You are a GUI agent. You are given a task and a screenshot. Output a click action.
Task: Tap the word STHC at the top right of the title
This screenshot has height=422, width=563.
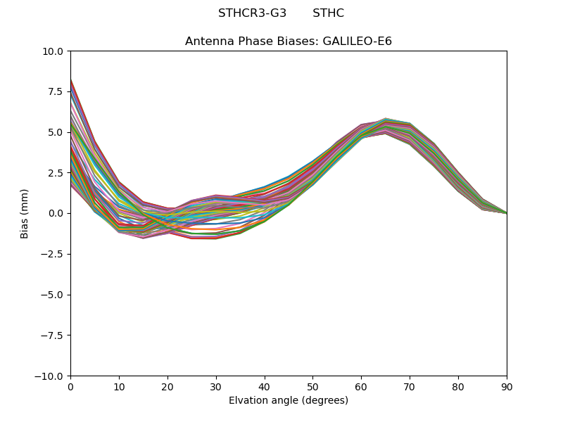[x=328, y=13]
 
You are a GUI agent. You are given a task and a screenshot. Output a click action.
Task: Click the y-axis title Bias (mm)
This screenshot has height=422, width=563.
[x=25, y=213]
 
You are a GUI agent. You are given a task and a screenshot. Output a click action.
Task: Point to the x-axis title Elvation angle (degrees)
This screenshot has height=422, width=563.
[x=289, y=400]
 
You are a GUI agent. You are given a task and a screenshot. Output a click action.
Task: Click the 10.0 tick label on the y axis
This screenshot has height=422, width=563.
[x=55, y=51]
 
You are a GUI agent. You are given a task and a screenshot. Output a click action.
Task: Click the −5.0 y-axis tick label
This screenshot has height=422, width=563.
[x=53, y=295]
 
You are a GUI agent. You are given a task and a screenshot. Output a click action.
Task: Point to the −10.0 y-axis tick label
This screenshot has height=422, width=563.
[x=51, y=376]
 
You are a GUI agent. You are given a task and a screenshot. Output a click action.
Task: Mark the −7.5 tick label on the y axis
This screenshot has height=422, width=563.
[x=53, y=335]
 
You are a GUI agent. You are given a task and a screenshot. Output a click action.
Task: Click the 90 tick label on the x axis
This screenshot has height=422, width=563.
[x=507, y=386]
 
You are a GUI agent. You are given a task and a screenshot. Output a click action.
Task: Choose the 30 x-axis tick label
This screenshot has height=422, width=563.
[x=216, y=386]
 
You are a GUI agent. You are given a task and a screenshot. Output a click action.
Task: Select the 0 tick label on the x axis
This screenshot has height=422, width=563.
[x=70, y=386]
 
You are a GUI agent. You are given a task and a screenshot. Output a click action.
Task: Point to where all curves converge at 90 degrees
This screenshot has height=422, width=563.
[x=506, y=212]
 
